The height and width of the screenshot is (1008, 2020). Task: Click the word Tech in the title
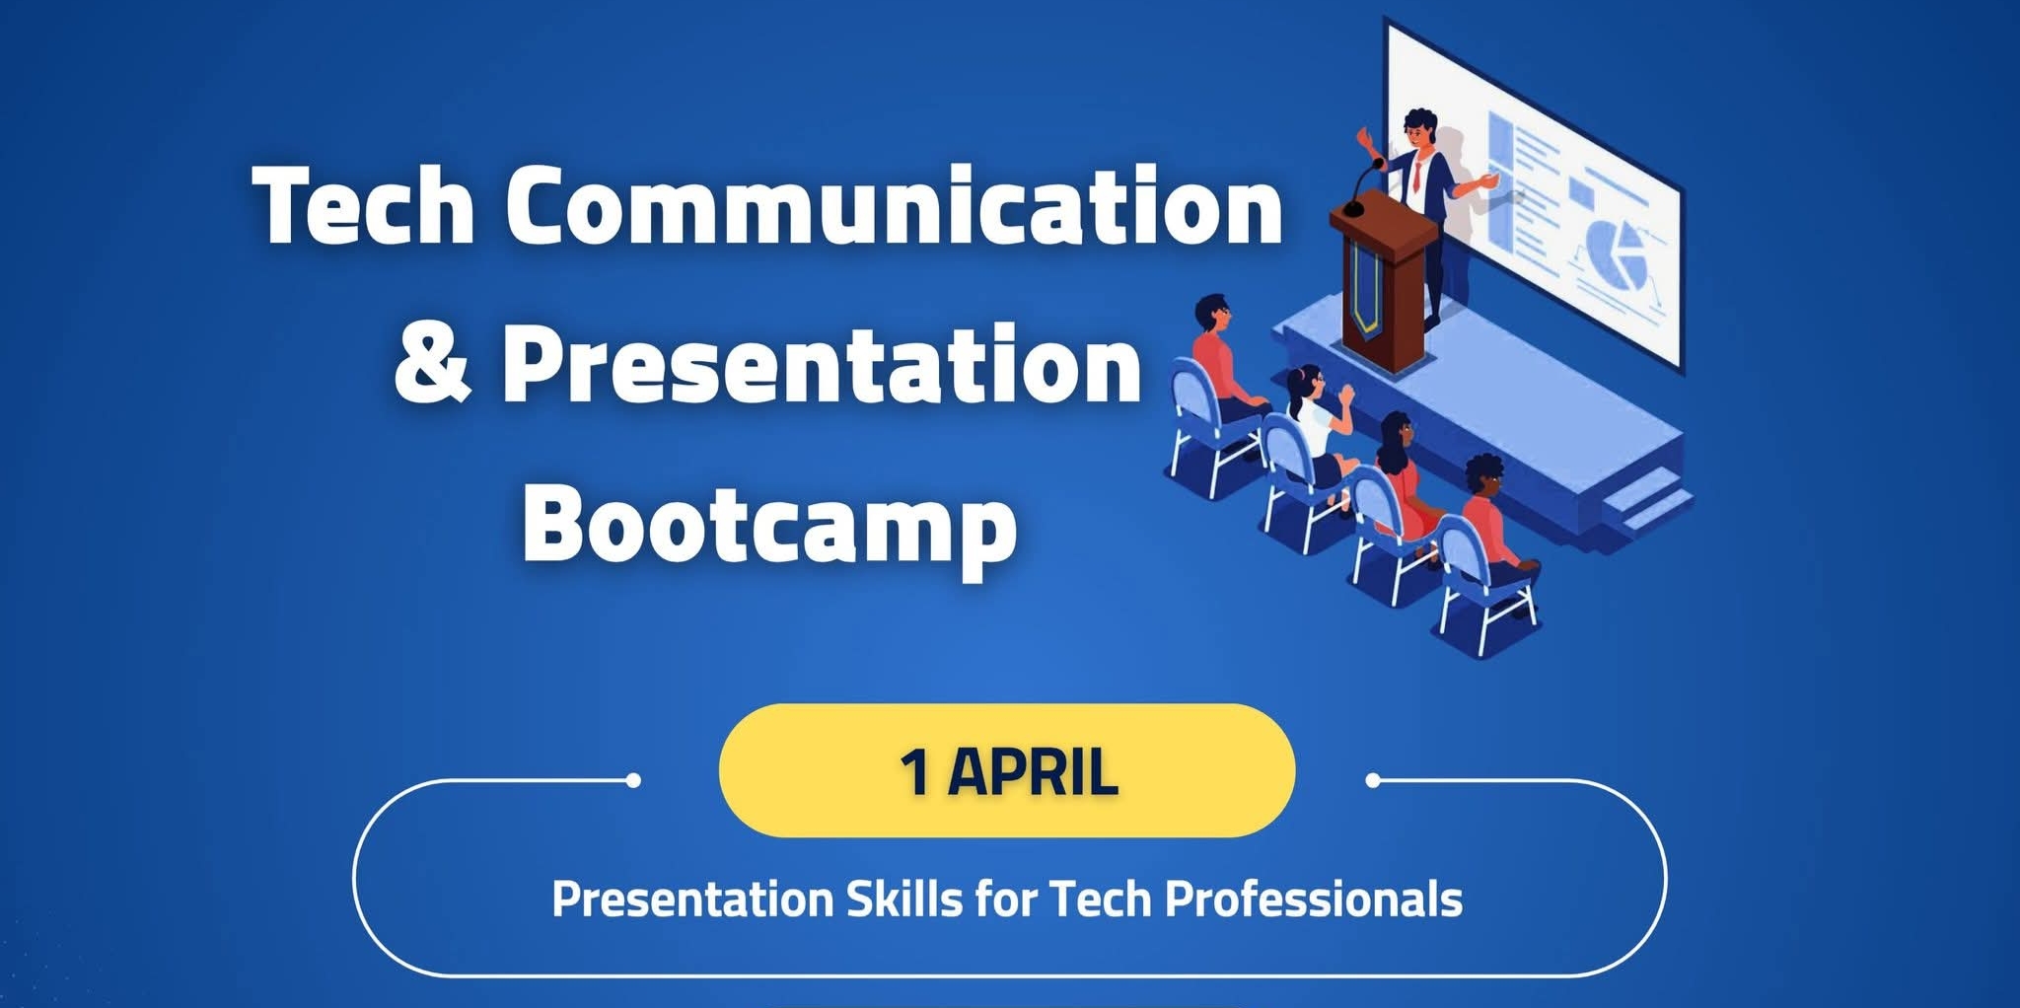click(x=365, y=205)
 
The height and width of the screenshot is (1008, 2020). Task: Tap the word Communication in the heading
click(x=894, y=205)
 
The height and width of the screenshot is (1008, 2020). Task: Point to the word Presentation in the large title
click(x=821, y=365)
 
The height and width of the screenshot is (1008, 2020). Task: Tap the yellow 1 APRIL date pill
click(x=1006, y=771)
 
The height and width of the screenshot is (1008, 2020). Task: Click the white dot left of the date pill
click(x=634, y=780)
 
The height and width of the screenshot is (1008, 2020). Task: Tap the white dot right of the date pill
click(x=1373, y=780)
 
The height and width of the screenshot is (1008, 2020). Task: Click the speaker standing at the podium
click(x=1423, y=197)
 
